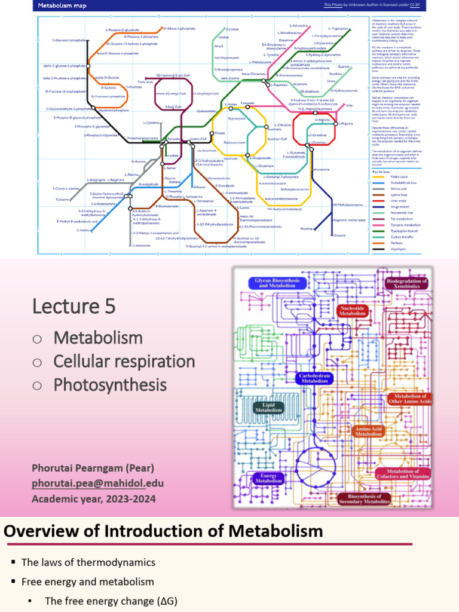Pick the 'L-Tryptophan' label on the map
339,28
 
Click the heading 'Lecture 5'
74,306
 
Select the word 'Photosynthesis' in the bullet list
110,384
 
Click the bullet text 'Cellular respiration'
124,361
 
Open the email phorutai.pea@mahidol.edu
98,483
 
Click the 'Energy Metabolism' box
268,478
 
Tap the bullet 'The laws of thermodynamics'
88,562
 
